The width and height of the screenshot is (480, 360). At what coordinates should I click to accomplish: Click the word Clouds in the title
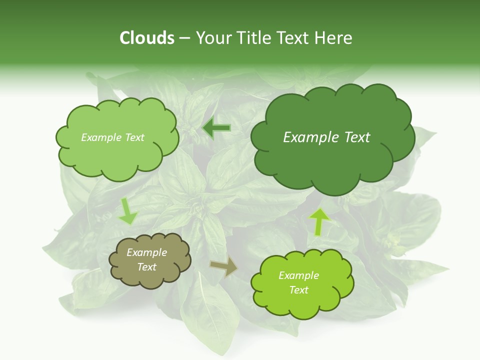point(146,38)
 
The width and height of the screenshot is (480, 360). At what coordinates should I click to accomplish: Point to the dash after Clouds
point(184,38)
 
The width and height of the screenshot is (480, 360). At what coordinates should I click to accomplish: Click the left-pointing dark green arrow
point(216,128)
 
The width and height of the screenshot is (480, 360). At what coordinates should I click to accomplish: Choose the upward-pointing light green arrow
point(319,221)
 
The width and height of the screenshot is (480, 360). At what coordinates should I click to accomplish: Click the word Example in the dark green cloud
point(312,137)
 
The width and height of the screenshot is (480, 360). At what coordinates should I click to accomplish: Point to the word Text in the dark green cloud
point(357,137)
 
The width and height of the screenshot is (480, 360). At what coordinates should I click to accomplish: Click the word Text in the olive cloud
point(146,267)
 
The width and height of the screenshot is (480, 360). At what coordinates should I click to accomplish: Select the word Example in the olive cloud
point(146,252)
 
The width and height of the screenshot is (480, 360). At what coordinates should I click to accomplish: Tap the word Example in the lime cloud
point(298,275)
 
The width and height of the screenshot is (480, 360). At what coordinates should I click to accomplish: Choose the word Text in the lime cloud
point(298,290)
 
